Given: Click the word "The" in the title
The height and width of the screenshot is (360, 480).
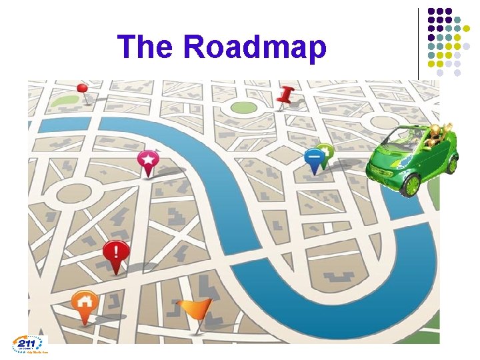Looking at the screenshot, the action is coord(145,47).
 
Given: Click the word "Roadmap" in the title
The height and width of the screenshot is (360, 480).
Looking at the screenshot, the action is coord(255,48).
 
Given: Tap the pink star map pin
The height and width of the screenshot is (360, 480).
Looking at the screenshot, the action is coord(148,161).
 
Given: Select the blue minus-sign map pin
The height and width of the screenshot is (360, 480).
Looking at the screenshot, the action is coord(313,157).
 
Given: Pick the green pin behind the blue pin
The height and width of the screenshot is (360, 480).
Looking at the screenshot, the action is coord(326,151).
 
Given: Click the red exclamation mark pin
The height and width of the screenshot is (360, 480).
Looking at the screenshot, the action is coord(116,253).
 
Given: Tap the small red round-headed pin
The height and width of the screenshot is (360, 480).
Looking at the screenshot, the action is coord(83,88).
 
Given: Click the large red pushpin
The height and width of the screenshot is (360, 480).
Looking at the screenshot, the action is coord(287,96).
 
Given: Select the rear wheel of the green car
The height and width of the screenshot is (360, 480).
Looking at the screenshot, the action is coord(451,163).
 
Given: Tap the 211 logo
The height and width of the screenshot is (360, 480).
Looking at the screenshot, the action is coord(30,344).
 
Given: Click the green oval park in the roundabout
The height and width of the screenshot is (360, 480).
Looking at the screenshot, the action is coord(244,107).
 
